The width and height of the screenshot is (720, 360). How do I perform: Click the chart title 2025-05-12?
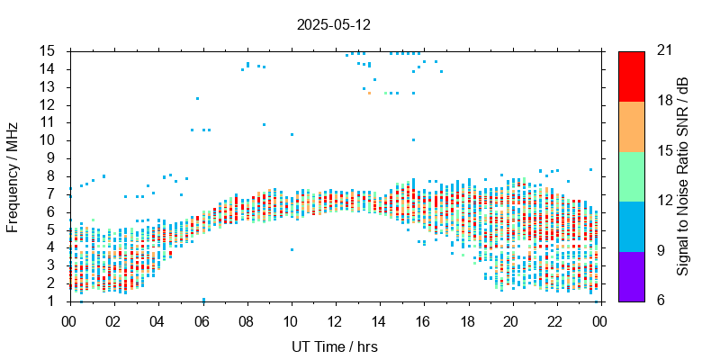coord(334,24)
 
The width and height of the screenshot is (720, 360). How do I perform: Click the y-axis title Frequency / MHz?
coord(13,175)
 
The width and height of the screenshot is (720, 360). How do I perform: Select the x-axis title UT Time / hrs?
coord(334,346)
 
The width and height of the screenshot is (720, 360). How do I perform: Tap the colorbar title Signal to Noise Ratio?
coord(683,175)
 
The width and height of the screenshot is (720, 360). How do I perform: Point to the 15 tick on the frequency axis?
coord(50,51)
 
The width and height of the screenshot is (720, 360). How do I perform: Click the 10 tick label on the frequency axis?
coord(50,140)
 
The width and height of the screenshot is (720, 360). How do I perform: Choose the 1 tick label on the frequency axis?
coord(54,301)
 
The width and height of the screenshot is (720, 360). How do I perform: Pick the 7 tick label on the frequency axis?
coord(54,193)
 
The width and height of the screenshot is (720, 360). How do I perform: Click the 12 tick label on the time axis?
coord(335,321)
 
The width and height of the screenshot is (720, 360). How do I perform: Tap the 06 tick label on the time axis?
coord(202,321)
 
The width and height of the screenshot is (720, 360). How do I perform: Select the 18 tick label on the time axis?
coord(467,321)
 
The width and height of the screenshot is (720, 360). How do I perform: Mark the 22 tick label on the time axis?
coord(555,321)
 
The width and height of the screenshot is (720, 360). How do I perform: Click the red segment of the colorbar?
coord(631,76)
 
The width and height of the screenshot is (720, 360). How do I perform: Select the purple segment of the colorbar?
coord(631,275)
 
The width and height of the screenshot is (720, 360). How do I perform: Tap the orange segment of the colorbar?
coord(631,126)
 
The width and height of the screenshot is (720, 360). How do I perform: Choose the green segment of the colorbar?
coord(631,175)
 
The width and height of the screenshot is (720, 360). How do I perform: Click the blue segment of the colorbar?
coord(631,226)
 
